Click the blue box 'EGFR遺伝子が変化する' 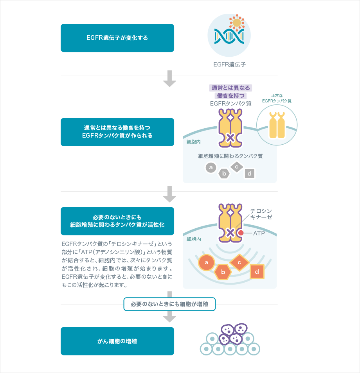tap(117, 38)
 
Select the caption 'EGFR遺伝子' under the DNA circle tap(229, 65)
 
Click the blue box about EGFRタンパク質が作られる tap(117, 132)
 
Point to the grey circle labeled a tap(211, 168)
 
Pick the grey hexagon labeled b tap(224, 173)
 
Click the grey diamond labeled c tap(236, 167)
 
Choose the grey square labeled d tap(249, 173)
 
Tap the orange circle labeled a tap(206, 262)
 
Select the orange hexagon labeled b tap(223, 272)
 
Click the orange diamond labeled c tap(239, 262)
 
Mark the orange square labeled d tap(257, 271)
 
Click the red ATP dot tap(241, 233)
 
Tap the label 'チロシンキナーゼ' tap(261, 214)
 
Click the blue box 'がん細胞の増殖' tap(117, 341)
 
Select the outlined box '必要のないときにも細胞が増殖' tap(169, 304)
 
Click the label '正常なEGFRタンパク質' tap(277, 98)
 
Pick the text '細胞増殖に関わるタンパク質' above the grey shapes tap(230, 156)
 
